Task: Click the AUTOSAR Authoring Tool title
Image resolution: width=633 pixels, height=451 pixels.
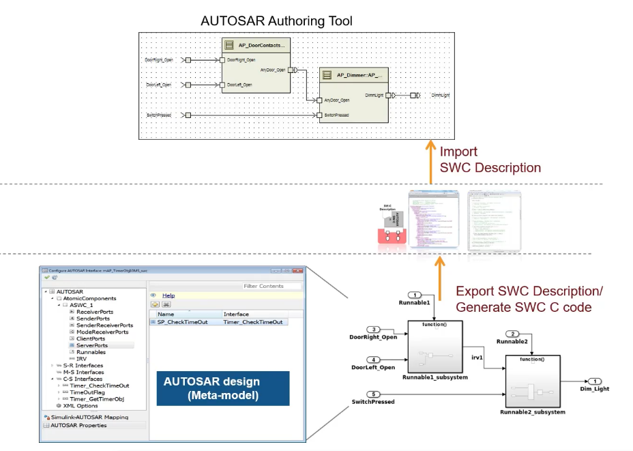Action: pyautogui.click(x=277, y=21)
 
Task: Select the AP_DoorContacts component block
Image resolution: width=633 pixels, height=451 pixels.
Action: pyautogui.click(x=252, y=66)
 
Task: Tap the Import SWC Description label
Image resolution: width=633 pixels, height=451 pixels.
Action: pyautogui.click(x=490, y=160)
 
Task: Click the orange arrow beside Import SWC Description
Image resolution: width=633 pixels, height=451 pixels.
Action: pyautogui.click(x=430, y=161)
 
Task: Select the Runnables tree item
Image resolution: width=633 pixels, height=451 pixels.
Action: pyautogui.click(x=91, y=352)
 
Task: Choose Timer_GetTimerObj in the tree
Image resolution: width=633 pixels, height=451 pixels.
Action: pyautogui.click(x=97, y=398)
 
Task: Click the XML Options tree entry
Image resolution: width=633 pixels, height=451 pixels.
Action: pyautogui.click(x=82, y=405)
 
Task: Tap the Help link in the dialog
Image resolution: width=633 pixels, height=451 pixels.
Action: pyautogui.click(x=168, y=295)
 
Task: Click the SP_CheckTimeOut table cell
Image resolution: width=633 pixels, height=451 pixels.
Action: pyautogui.click(x=182, y=322)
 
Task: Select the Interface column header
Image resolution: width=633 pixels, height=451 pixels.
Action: pyautogui.click(x=237, y=314)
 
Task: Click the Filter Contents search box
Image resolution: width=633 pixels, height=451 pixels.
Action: pyautogui.click(x=271, y=286)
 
